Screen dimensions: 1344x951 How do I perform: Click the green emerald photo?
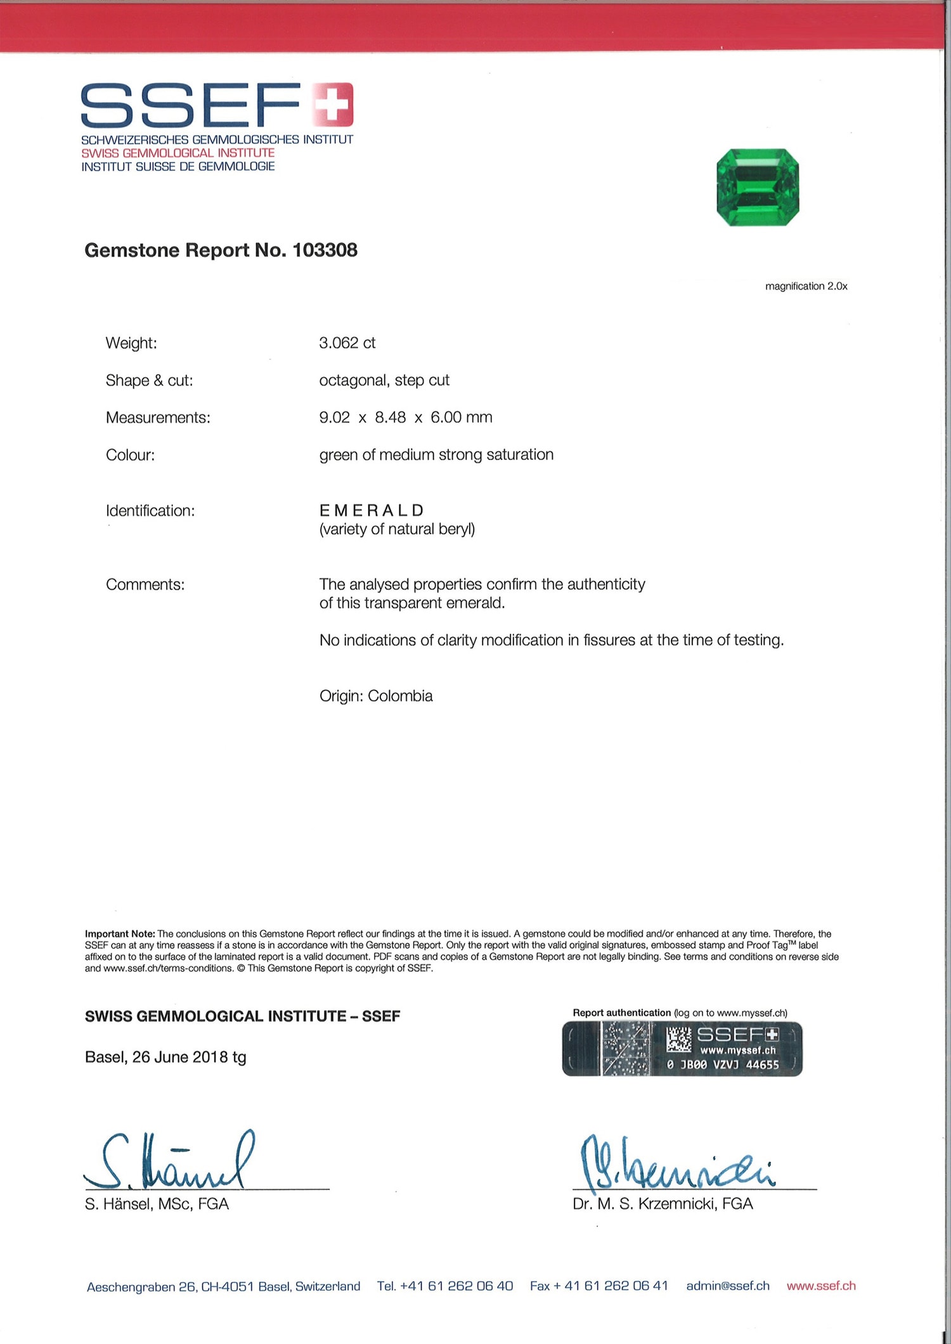pyautogui.click(x=758, y=187)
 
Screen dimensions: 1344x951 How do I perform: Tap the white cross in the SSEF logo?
pyautogui.click(x=333, y=103)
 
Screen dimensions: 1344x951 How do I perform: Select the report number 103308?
pyautogui.click(x=325, y=250)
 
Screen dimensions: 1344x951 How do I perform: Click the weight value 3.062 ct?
pyautogui.click(x=347, y=343)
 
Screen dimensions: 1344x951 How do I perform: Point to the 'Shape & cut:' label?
pyautogui.click(x=149, y=380)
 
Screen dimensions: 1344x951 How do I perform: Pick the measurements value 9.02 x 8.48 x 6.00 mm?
pyautogui.click(x=406, y=418)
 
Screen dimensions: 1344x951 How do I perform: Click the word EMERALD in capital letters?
pyautogui.click(x=372, y=510)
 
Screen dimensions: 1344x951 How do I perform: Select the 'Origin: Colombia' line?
pyautogui.click(x=376, y=696)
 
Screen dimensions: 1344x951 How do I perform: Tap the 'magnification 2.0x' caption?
pyautogui.click(x=806, y=286)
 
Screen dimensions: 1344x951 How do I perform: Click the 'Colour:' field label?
pyautogui.click(x=130, y=455)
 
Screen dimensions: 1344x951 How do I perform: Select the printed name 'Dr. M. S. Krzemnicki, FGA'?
pyautogui.click(x=663, y=1204)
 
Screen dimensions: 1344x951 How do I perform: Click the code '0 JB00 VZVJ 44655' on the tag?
pyautogui.click(x=723, y=1065)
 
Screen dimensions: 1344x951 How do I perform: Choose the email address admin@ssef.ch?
pyautogui.click(x=728, y=1286)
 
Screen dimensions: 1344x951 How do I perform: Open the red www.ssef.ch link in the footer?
pyautogui.click(x=821, y=1286)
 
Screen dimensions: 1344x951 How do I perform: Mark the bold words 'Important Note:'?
pyautogui.click(x=120, y=934)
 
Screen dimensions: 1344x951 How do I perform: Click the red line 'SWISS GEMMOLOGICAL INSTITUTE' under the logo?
pyautogui.click(x=178, y=153)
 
